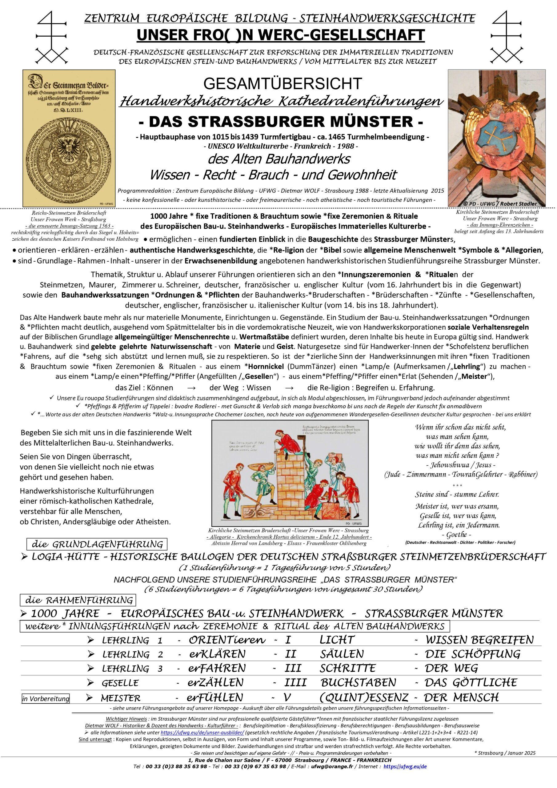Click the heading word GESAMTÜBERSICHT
[283, 84]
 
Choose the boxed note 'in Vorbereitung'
[46, 699]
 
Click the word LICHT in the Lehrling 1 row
[337, 640]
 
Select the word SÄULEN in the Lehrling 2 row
[342, 654]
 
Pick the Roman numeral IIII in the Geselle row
[295, 682]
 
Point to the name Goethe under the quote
[456, 534]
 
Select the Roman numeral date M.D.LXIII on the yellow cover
[69, 111]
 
